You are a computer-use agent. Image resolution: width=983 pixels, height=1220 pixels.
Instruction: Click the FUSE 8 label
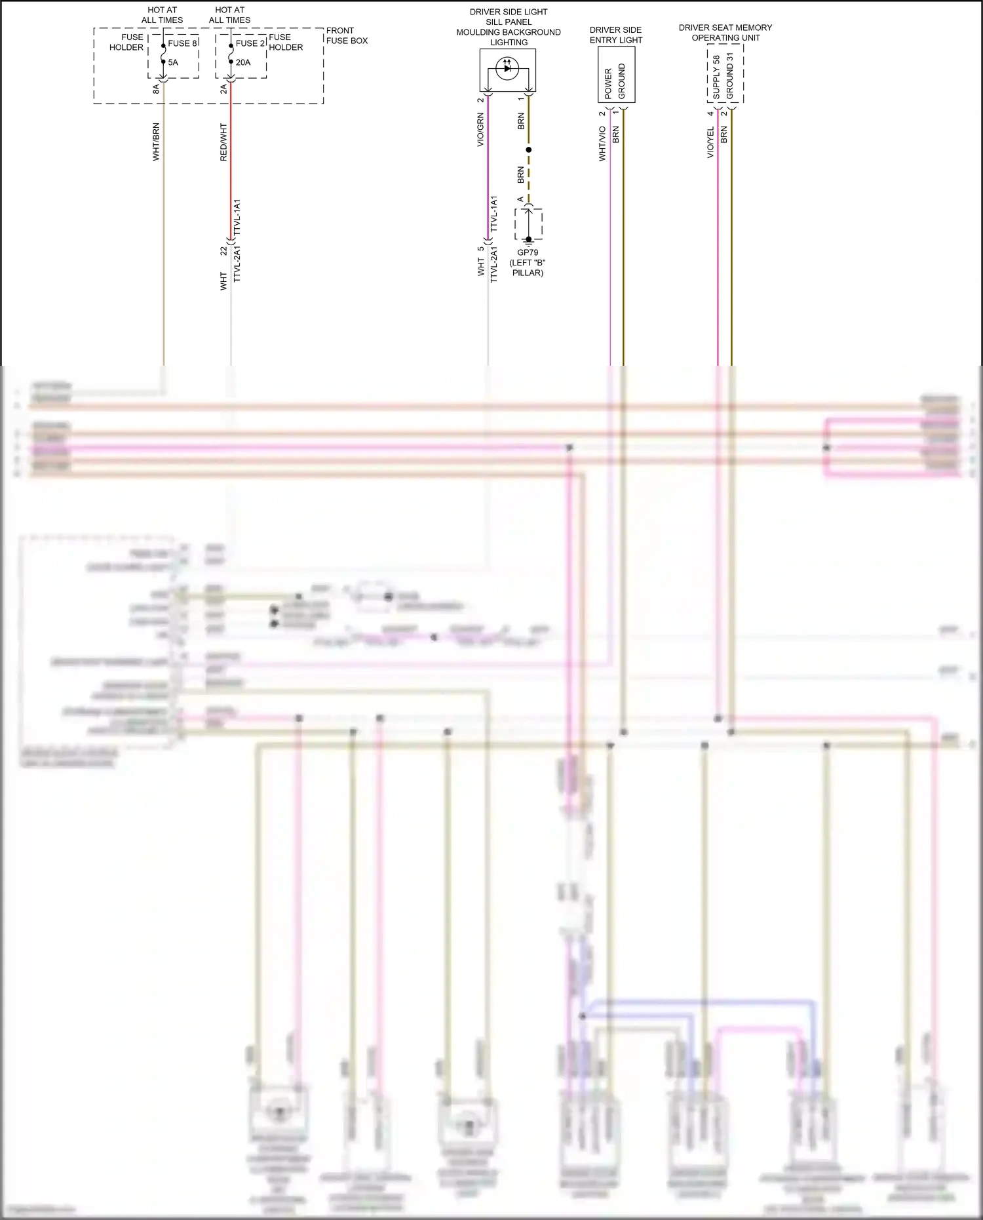coord(182,43)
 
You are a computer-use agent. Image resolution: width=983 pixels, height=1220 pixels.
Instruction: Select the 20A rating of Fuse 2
coord(243,62)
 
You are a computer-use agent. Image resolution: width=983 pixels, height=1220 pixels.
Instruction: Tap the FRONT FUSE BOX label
coord(347,35)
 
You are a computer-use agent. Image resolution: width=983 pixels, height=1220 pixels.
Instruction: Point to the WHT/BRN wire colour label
coord(156,142)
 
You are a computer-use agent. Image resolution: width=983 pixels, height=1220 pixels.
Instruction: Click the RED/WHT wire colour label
coord(223,142)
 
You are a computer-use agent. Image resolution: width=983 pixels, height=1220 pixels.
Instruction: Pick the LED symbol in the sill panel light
coord(507,68)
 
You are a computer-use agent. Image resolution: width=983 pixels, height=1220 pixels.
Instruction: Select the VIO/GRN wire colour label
coord(480,129)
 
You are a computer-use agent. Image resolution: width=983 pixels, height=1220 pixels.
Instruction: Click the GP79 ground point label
coord(528,252)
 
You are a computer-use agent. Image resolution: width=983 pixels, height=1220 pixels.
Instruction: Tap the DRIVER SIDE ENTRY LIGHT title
coord(616,35)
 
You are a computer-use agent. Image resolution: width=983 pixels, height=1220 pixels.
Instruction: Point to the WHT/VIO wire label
coord(602,144)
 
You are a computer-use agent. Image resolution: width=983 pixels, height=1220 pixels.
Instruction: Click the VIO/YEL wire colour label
coord(710,142)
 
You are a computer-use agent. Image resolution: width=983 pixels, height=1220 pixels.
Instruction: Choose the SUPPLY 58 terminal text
coord(716,77)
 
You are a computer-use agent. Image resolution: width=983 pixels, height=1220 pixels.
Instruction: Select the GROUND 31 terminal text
coord(730,76)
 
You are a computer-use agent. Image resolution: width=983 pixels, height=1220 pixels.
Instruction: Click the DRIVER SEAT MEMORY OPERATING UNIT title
coord(725,33)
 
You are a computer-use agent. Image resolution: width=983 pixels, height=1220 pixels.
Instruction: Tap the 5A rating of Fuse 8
coord(173,62)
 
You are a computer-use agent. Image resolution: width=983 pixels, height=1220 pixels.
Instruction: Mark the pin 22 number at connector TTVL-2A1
coord(224,251)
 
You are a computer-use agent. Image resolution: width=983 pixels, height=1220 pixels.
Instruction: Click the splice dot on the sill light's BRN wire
coord(529,149)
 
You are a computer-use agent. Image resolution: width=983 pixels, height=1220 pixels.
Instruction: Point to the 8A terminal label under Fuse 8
coord(156,89)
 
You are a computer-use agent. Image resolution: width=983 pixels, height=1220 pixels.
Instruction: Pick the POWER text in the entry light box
coord(608,83)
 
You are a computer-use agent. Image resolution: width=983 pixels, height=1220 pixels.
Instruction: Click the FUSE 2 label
coord(250,43)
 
